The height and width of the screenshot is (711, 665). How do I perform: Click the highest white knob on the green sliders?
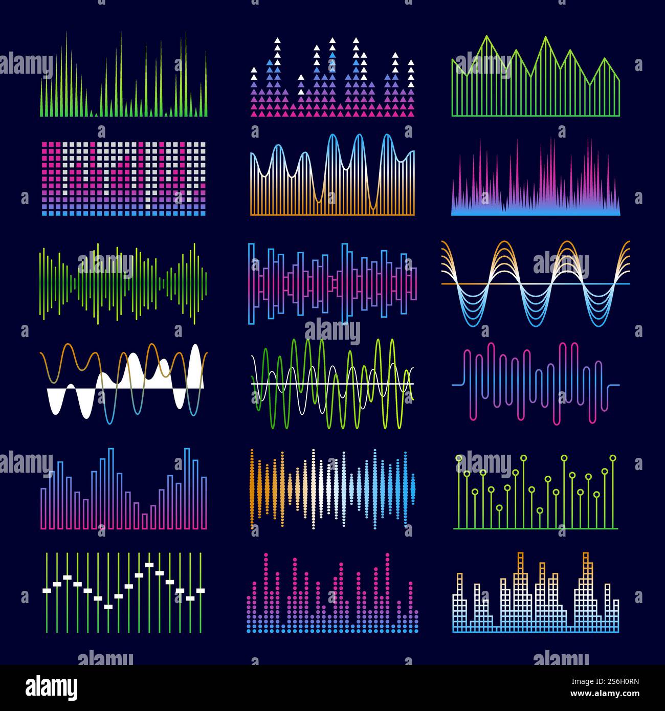click(149, 565)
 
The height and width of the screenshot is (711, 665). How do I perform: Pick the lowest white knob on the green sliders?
click(108, 607)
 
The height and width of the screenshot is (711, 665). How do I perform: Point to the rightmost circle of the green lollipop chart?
click(612, 457)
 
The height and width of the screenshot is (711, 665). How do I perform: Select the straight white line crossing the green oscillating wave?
click(332, 384)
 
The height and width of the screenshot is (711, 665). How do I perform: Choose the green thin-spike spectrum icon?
click(123, 77)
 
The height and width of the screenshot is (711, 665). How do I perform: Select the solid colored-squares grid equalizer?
click(123, 178)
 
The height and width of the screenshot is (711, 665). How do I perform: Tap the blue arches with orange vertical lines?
click(332, 176)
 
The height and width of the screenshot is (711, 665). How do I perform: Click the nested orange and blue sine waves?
click(536, 283)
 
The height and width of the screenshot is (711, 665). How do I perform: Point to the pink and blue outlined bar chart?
click(123, 491)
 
